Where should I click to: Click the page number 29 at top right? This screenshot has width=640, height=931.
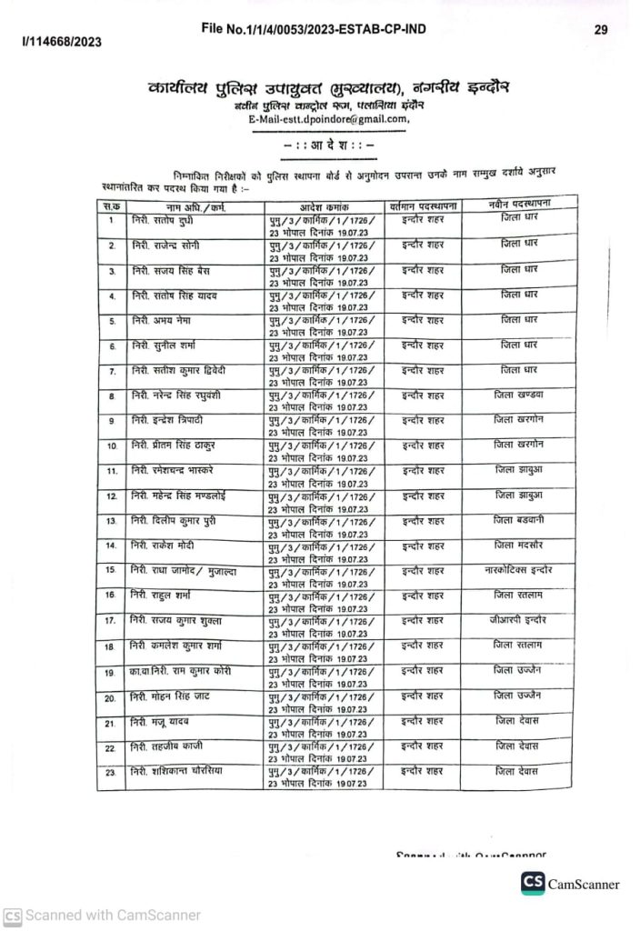pos(601,29)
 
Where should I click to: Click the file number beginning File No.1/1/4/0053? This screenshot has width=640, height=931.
pos(314,29)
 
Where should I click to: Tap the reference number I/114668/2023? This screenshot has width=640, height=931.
pos(62,42)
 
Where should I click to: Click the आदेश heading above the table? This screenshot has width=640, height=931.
pos(329,145)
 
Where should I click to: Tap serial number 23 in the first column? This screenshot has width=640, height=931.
pos(110,772)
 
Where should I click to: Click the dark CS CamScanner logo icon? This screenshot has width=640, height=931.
pos(533,883)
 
